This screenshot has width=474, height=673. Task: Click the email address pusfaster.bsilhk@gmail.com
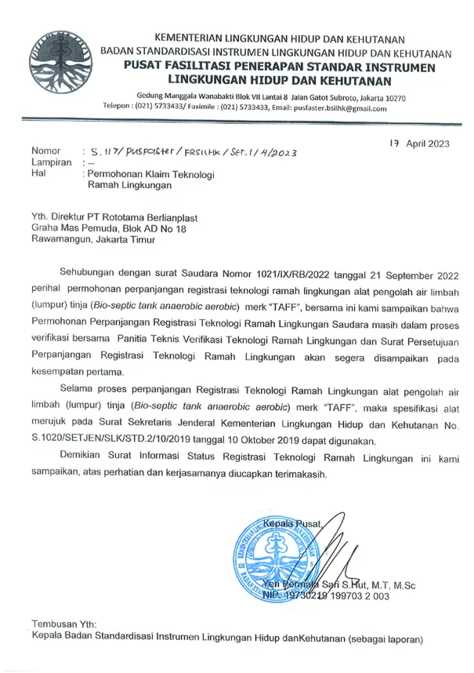click(x=345, y=109)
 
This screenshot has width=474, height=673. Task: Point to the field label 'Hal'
click(x=37, y=173)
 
